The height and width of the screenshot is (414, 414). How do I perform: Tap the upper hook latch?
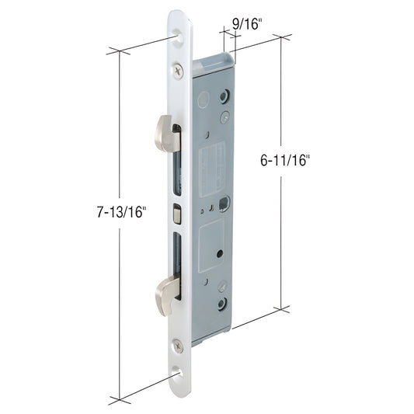click(167, 133)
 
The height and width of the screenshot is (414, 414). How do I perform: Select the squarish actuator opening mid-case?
click(224, 205)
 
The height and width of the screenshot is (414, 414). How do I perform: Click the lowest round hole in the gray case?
click(223, 303)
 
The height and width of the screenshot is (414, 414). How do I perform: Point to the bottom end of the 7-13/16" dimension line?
click(120, 399)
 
